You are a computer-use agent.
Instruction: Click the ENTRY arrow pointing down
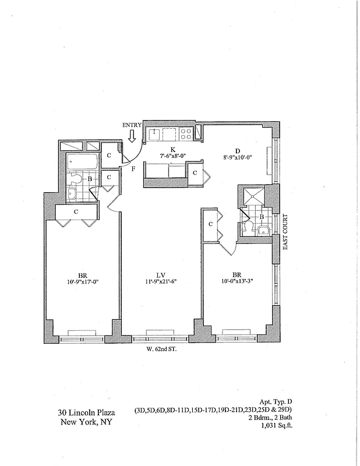point(132,136)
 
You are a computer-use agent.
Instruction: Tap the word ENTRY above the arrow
point(132,125)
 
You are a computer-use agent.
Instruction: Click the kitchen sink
point(155,135)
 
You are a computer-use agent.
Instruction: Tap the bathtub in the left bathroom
point(76,161)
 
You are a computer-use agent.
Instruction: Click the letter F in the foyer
point(133,170)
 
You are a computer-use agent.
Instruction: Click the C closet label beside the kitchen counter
point(194,173)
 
